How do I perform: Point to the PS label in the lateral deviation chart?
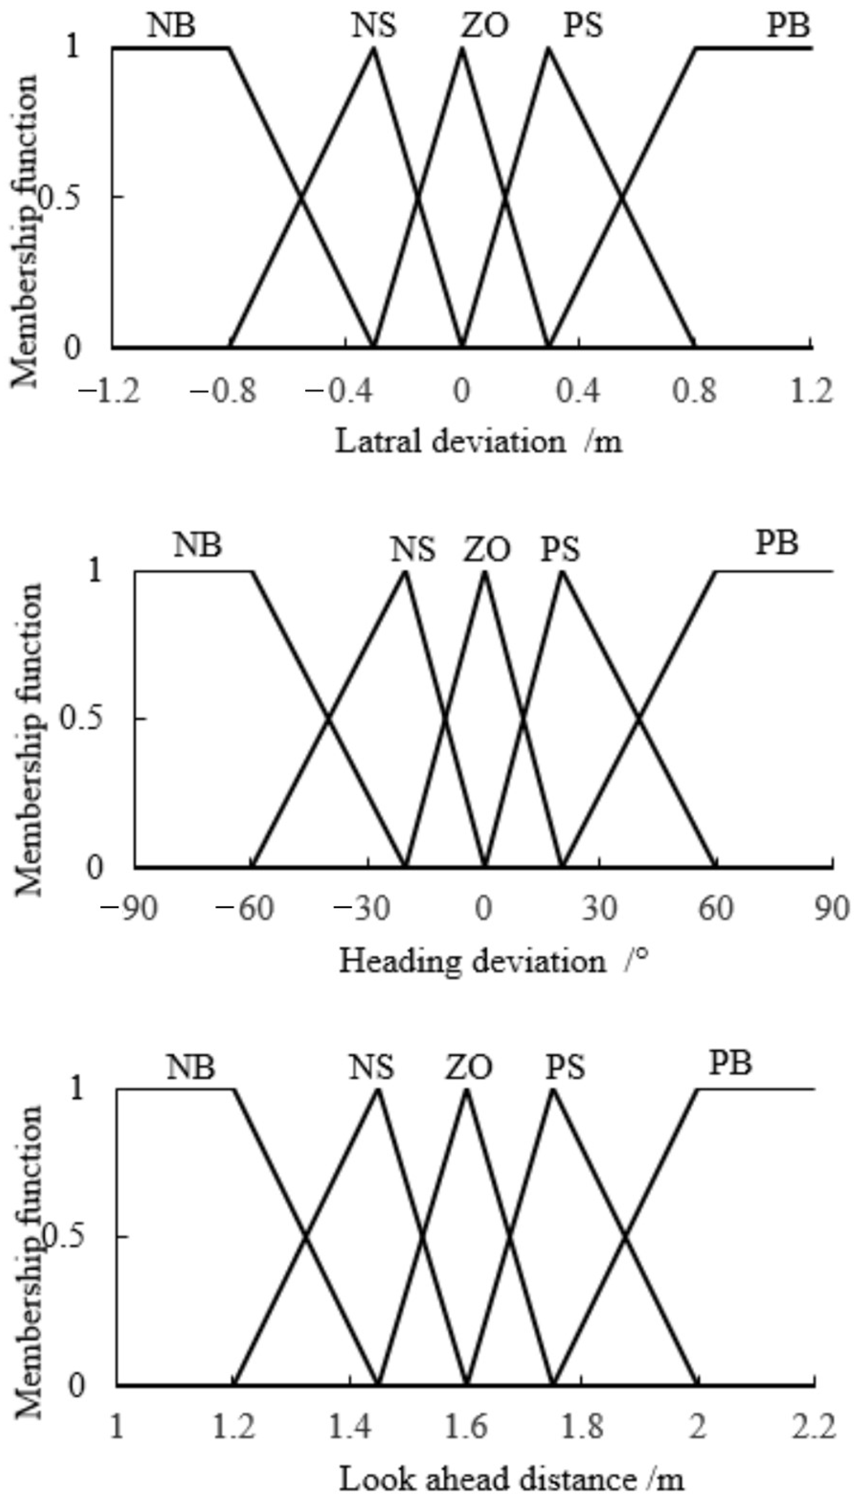(x=583, y=26)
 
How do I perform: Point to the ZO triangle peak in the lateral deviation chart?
(x=463, y=48)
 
